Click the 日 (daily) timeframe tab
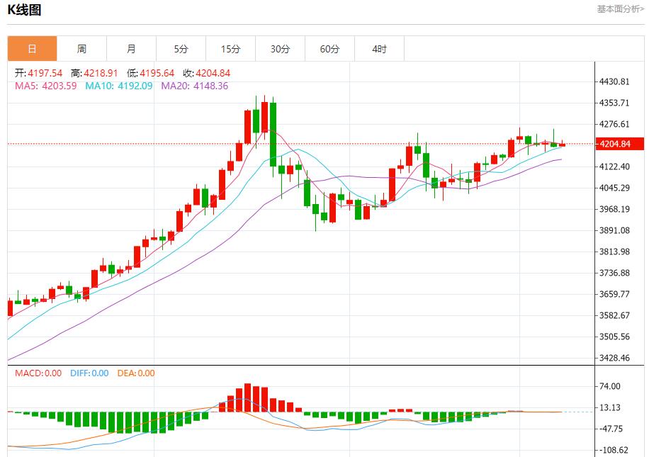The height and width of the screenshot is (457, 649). pos(32,49)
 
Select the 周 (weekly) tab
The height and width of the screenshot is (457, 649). pos(81,49)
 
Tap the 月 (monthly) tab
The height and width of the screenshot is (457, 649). pos(131,49)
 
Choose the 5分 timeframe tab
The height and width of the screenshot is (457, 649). pos(181,49)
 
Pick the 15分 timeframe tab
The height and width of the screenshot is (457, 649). pos(230,49)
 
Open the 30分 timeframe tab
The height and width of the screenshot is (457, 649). pos(280,49)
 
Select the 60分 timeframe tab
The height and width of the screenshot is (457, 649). pos(329,49)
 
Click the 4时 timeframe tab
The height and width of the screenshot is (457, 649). pos(379,49)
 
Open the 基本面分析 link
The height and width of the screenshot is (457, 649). pos(621,9)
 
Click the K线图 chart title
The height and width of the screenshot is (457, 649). pos(25,10)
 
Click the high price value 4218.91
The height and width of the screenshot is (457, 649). pos(101,73)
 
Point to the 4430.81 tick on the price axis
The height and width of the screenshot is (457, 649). pos(615,82)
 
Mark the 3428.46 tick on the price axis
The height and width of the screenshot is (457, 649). pos(615,358)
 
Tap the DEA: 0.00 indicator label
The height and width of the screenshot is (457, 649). pos(135,373)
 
